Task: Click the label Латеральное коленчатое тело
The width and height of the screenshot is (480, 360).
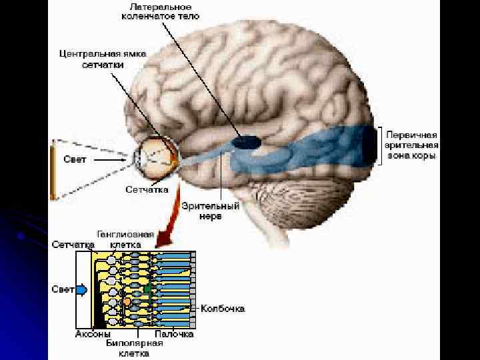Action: [161, 11]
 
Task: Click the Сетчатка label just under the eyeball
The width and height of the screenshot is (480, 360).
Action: [147, 189]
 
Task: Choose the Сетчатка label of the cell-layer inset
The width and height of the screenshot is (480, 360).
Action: [73, 245]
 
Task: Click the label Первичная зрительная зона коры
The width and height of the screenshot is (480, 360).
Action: [411, 144]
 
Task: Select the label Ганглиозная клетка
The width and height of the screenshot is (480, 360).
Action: [125, 239]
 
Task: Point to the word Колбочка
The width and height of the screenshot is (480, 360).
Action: [224, 309]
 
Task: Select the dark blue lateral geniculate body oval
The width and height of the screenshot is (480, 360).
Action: [246, 141]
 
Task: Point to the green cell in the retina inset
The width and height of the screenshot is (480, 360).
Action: [147, 289]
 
